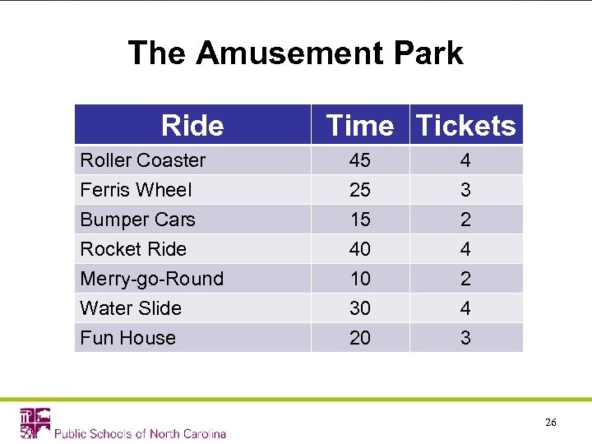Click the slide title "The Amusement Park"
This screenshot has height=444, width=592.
295,53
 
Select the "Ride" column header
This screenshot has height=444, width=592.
192,125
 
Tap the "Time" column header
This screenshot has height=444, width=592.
360,125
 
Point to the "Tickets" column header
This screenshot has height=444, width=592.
465,125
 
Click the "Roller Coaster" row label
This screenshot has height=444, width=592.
142,160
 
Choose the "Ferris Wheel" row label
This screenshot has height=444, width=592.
136,190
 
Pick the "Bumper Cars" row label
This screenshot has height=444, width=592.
137,220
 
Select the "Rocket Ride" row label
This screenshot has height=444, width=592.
133,249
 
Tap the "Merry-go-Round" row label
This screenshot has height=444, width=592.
151,279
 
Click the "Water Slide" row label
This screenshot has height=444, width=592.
131,308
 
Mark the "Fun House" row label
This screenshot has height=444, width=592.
127,338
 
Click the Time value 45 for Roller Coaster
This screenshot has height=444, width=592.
360,160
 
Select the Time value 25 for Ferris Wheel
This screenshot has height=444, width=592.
360,190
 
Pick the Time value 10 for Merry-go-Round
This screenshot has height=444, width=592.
360,279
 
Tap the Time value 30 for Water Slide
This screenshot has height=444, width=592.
360,308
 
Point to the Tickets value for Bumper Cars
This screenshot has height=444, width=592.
465,220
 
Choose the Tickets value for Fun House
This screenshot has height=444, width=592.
465,338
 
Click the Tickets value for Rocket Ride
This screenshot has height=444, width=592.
465,249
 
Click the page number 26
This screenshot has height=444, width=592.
550,422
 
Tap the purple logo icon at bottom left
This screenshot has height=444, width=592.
35,423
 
